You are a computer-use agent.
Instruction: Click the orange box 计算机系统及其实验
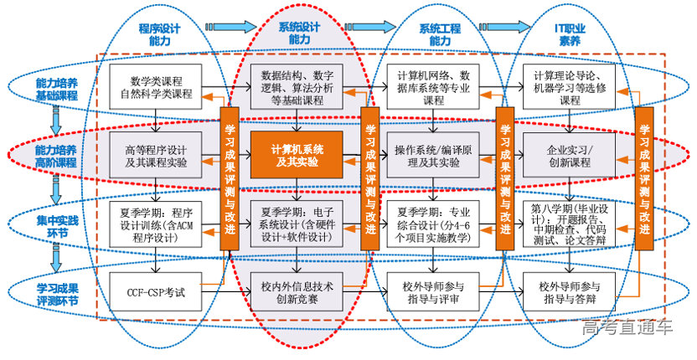point(297,156)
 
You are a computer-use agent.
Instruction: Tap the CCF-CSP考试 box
point(157,293)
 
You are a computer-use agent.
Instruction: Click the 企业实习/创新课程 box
point(570,155)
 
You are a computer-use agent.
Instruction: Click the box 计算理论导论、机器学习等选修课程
point(570,87)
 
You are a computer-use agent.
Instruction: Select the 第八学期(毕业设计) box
point(570,224)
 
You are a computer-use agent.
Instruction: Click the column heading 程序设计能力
point(159,33)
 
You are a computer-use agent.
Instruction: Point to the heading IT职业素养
point(570,33)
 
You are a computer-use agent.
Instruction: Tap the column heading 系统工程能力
point(439,33)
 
